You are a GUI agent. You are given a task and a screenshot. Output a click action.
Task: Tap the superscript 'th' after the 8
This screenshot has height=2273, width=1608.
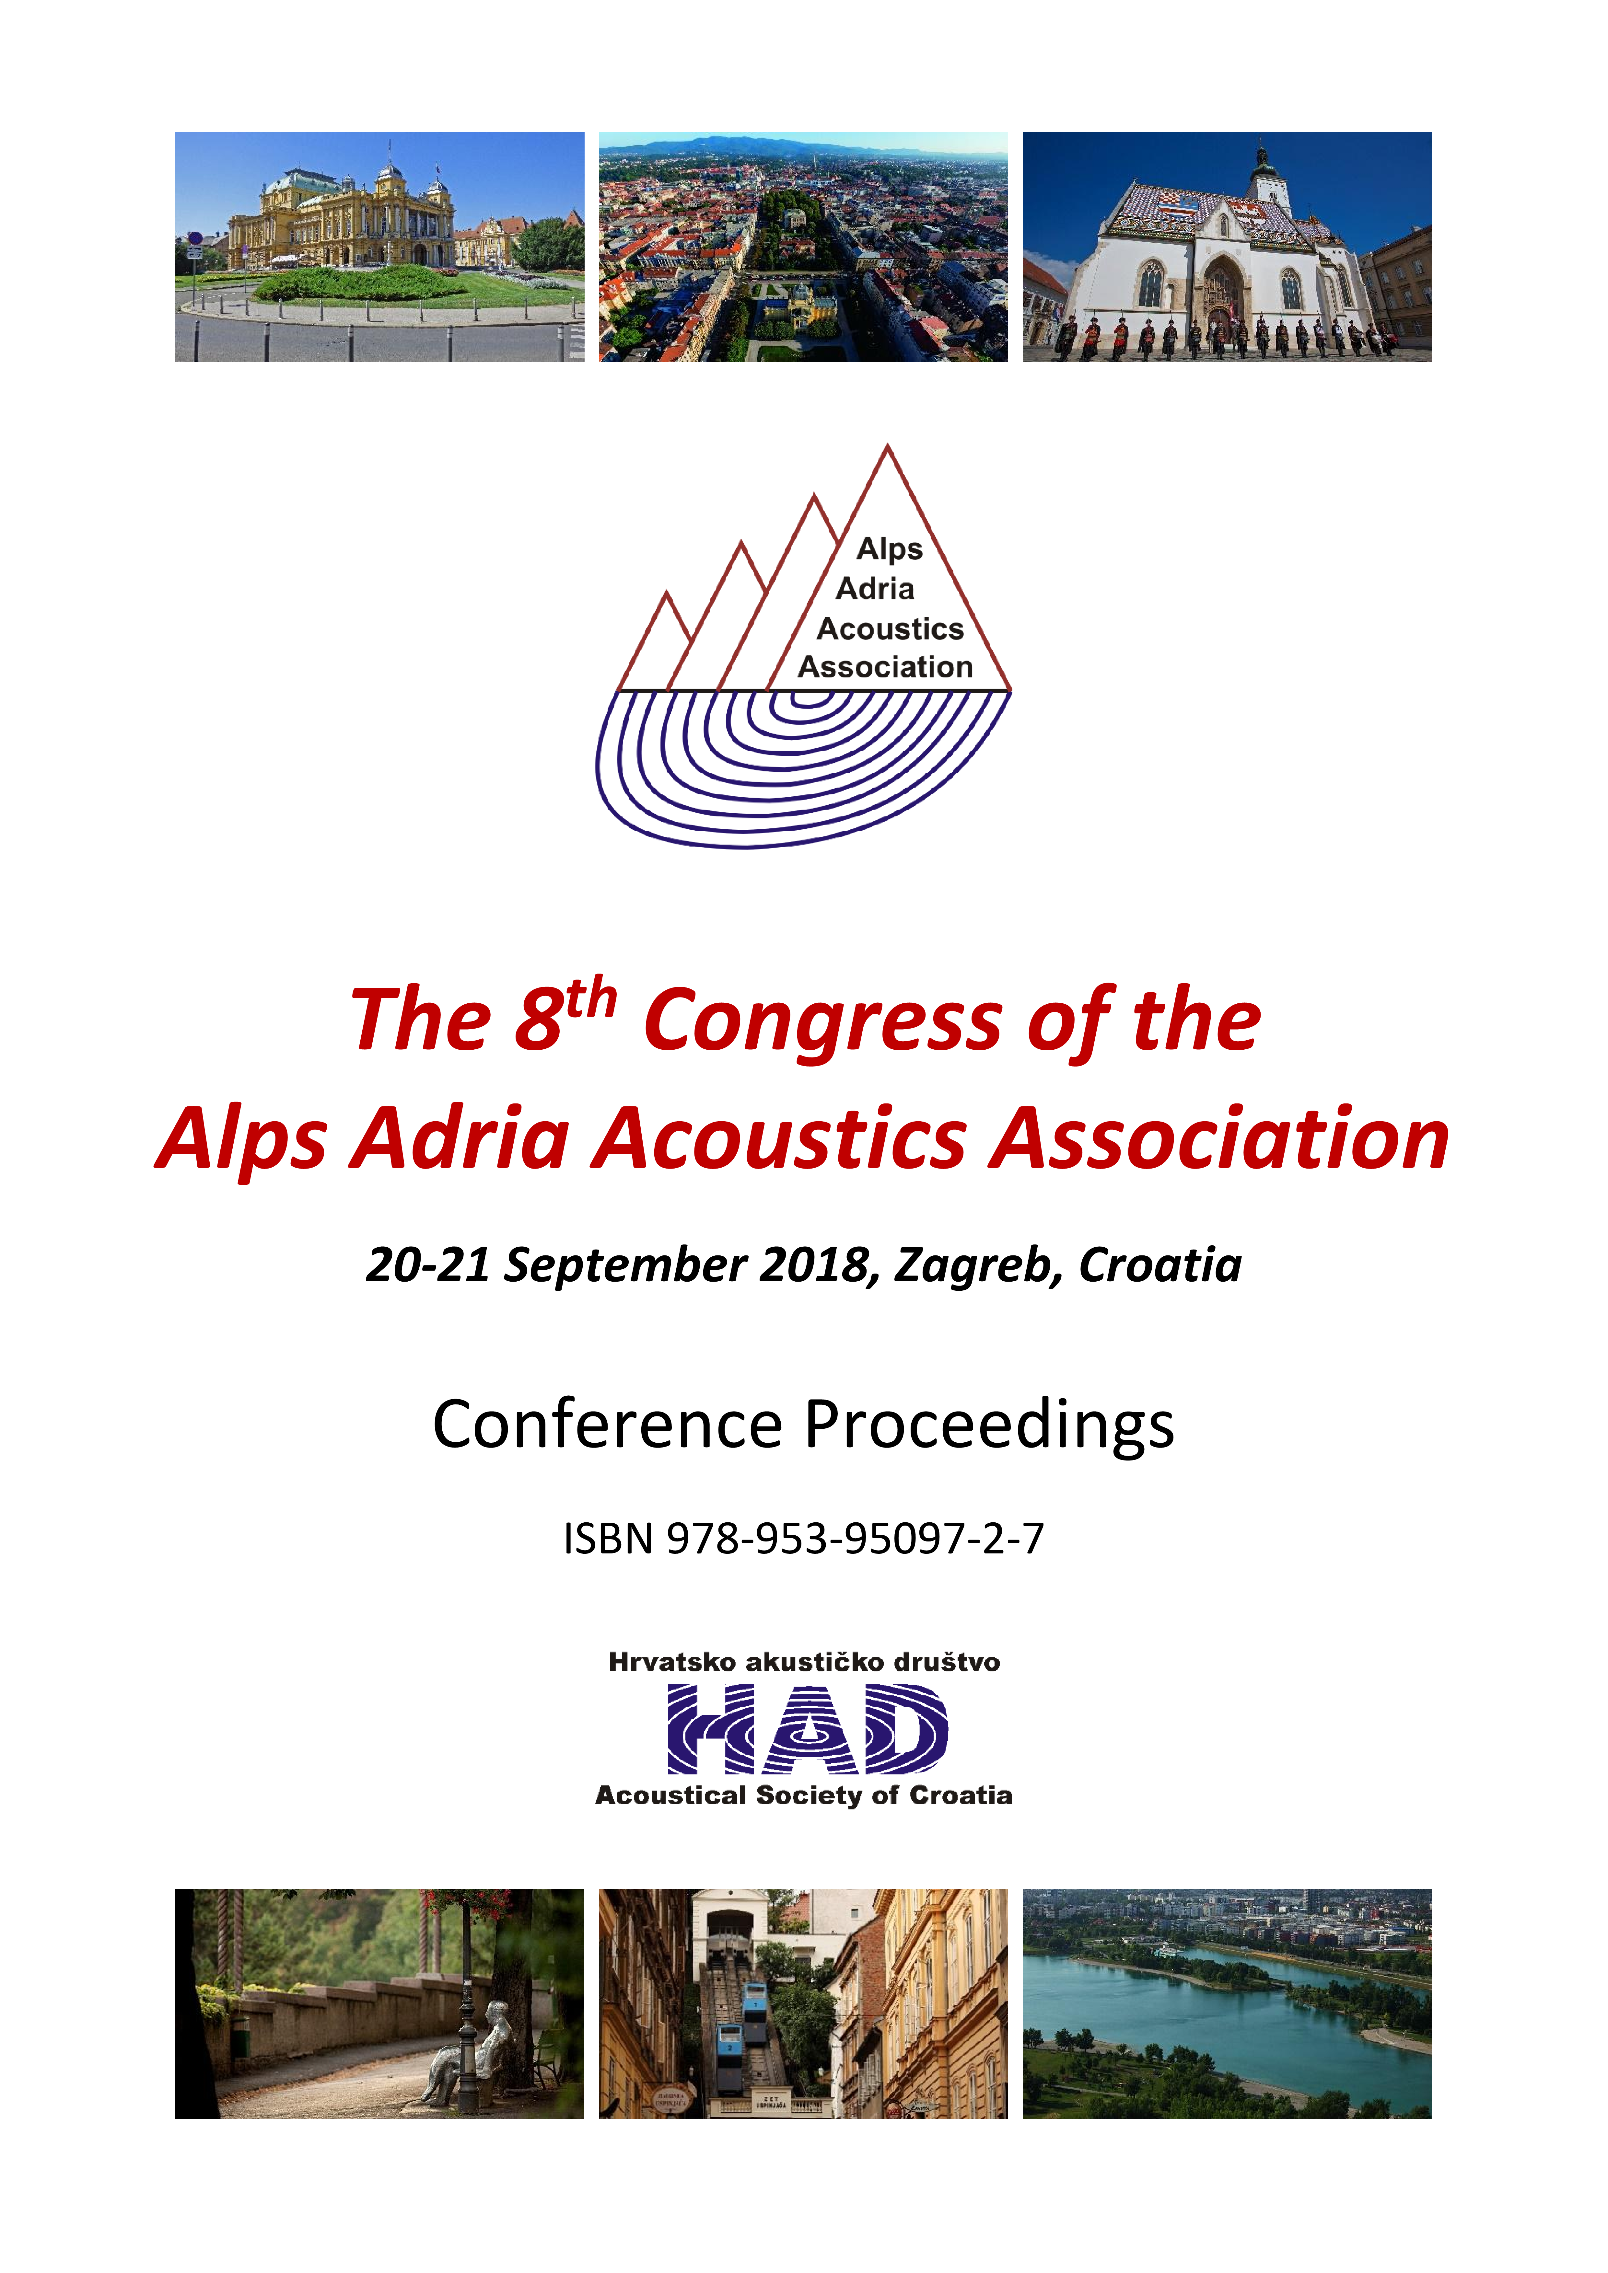coord(591,1000)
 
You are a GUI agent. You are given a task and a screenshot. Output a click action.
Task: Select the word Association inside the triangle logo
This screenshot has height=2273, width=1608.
coord(885,667)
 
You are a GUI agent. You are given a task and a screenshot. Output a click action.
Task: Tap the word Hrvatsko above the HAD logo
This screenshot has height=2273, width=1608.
coord(671,1662)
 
